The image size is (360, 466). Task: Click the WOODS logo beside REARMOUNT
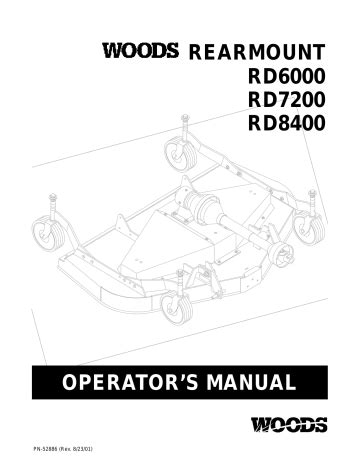coord(140,50)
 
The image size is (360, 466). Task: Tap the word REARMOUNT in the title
coord(257,52)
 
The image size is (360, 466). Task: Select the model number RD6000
coord(286,76)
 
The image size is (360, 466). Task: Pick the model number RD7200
coord(286,100)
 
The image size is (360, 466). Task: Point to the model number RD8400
coord(286,123)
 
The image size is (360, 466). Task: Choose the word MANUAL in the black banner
coord(251,382)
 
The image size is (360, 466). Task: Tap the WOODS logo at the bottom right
coord(289,424)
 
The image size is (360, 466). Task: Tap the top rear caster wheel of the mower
coord(179,155)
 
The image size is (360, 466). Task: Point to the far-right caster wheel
coord(310,227)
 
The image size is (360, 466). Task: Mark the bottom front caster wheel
coord(176,308)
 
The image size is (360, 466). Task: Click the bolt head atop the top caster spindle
coord(185,117)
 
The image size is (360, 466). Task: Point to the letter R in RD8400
coord(255,123)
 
